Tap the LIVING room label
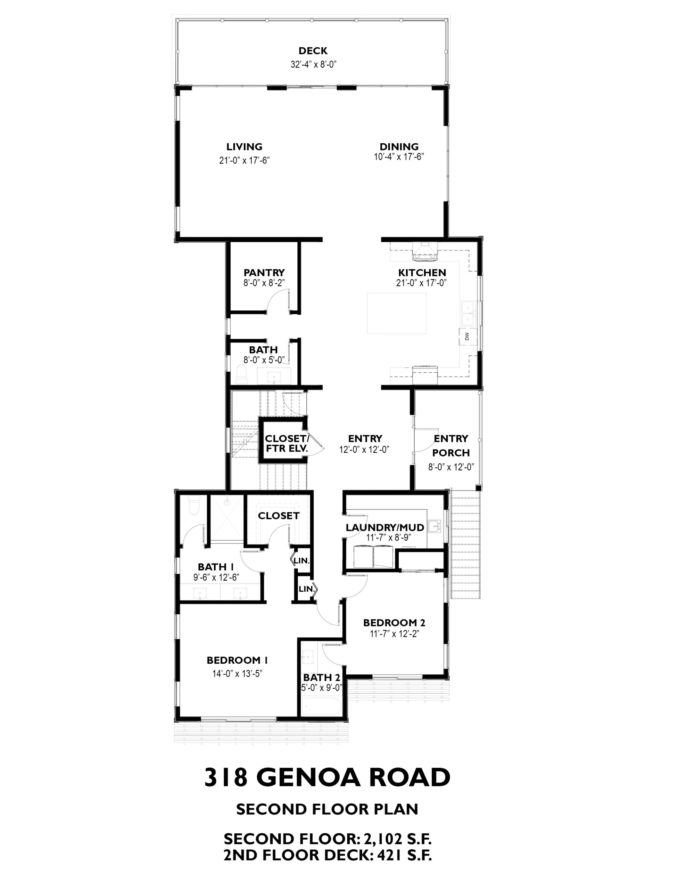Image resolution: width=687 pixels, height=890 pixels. (x=244, y=147)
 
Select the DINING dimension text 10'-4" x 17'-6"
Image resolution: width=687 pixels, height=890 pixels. (x=399, y=156)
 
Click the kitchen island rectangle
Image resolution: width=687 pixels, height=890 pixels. (x=397, y=313)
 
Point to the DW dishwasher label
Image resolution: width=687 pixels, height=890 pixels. (x=467, y=336)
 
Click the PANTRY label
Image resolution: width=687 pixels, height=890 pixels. (x=264, y=273)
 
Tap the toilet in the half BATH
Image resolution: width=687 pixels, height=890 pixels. (x=241, y=374)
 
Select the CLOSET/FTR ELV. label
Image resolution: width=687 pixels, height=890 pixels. (x=287, y=443)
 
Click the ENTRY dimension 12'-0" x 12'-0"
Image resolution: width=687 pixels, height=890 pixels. (x=364, y=450)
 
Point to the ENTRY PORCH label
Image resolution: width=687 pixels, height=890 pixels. (x=451, y=445)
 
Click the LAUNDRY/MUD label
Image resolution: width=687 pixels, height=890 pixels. (x=385, y=528)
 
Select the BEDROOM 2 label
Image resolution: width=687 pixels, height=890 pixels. (x=394, y=623)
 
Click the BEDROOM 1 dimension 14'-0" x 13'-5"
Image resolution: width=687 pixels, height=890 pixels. (x=237, y=674)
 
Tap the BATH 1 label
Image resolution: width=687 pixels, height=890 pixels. (x=216, y=567)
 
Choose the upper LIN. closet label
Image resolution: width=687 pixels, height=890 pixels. (x=302, y=561)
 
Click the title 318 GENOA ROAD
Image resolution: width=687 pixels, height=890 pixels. (x=328, y=777)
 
